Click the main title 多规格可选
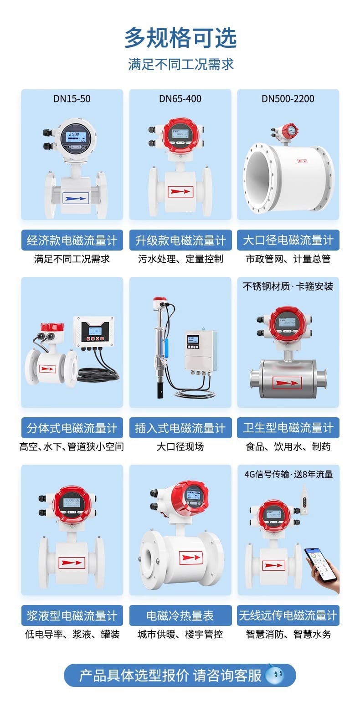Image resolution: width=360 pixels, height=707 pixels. coord(180,38)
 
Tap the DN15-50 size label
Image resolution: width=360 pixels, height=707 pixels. coord(72,99)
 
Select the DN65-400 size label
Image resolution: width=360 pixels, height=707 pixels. coord(180,99)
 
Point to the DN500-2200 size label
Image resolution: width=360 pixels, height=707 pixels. coord(288,99)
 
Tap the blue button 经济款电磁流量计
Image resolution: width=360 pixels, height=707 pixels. coord(72,240)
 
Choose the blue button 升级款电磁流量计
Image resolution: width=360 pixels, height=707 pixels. coord(180,240)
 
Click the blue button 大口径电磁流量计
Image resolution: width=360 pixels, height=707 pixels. coord(288,240)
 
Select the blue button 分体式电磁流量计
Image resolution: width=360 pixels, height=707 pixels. coord(72,428)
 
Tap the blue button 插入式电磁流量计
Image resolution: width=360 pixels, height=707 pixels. coord(180,428)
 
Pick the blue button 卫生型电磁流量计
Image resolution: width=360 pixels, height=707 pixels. coord(288,428)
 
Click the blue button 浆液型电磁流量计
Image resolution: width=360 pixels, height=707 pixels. coord(72,615)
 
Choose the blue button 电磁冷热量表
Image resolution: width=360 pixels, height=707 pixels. coord(180,615)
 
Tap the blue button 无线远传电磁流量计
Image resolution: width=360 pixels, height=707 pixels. coord(288,615)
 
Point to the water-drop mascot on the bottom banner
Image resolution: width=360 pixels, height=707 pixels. coord(275,675)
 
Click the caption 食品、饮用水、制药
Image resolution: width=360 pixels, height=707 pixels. coord(288,446)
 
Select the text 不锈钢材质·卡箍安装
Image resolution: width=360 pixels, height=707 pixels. coord(288,286)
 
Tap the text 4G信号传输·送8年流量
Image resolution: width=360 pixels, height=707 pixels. coord(288,474)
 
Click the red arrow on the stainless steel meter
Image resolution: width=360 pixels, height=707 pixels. coord(287,383)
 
